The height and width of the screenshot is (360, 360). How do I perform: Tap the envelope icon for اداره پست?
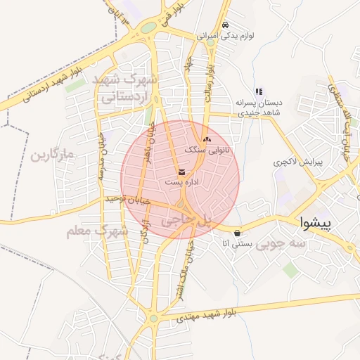click(182, 172)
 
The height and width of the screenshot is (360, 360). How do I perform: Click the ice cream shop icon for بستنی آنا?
click(237, 232)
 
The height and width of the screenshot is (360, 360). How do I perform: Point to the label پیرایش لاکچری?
click(297, 162)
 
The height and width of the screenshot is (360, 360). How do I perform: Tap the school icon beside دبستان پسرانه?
click(259, 91)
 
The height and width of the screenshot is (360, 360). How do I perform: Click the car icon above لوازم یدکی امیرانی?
click(224, 25)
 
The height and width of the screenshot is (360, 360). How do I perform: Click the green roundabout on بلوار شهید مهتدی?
click(153, 319)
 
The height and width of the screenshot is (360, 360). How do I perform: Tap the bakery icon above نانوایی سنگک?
click(206, 140)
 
